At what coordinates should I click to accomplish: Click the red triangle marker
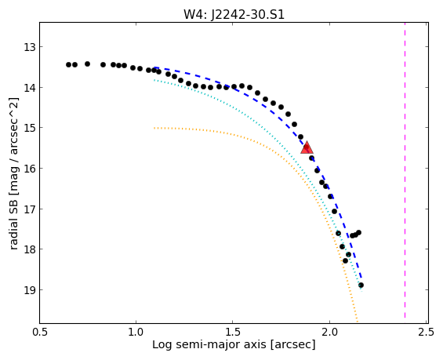(x=307, y=147)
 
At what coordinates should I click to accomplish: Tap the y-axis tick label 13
(x=30, y=47)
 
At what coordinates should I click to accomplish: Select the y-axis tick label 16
(x=30, y=169)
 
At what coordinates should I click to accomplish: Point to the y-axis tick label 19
(x=30, y=290)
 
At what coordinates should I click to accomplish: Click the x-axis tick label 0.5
(x=40, y=332)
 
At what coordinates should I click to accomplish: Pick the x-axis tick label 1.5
(x=233, y=332)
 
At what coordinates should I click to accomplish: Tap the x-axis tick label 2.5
(x=427, y=332)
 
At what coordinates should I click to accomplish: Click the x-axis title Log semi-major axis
(x=209, y=345)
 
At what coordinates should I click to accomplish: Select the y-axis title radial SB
(x=13, y=224)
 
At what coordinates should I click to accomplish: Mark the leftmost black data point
(x=68, y=65)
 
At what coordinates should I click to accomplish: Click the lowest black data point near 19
(x=361, y=285)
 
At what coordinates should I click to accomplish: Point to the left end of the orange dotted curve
(x=154, y=128)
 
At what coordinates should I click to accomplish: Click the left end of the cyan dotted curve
(x=154, y=80)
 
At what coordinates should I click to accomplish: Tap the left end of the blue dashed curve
(x=154, y=67)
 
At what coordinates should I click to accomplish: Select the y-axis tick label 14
(x=30, y=88)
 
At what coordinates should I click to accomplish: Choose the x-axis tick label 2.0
(x=329, y=332)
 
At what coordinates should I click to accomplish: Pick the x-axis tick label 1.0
(x=136, y=332)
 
